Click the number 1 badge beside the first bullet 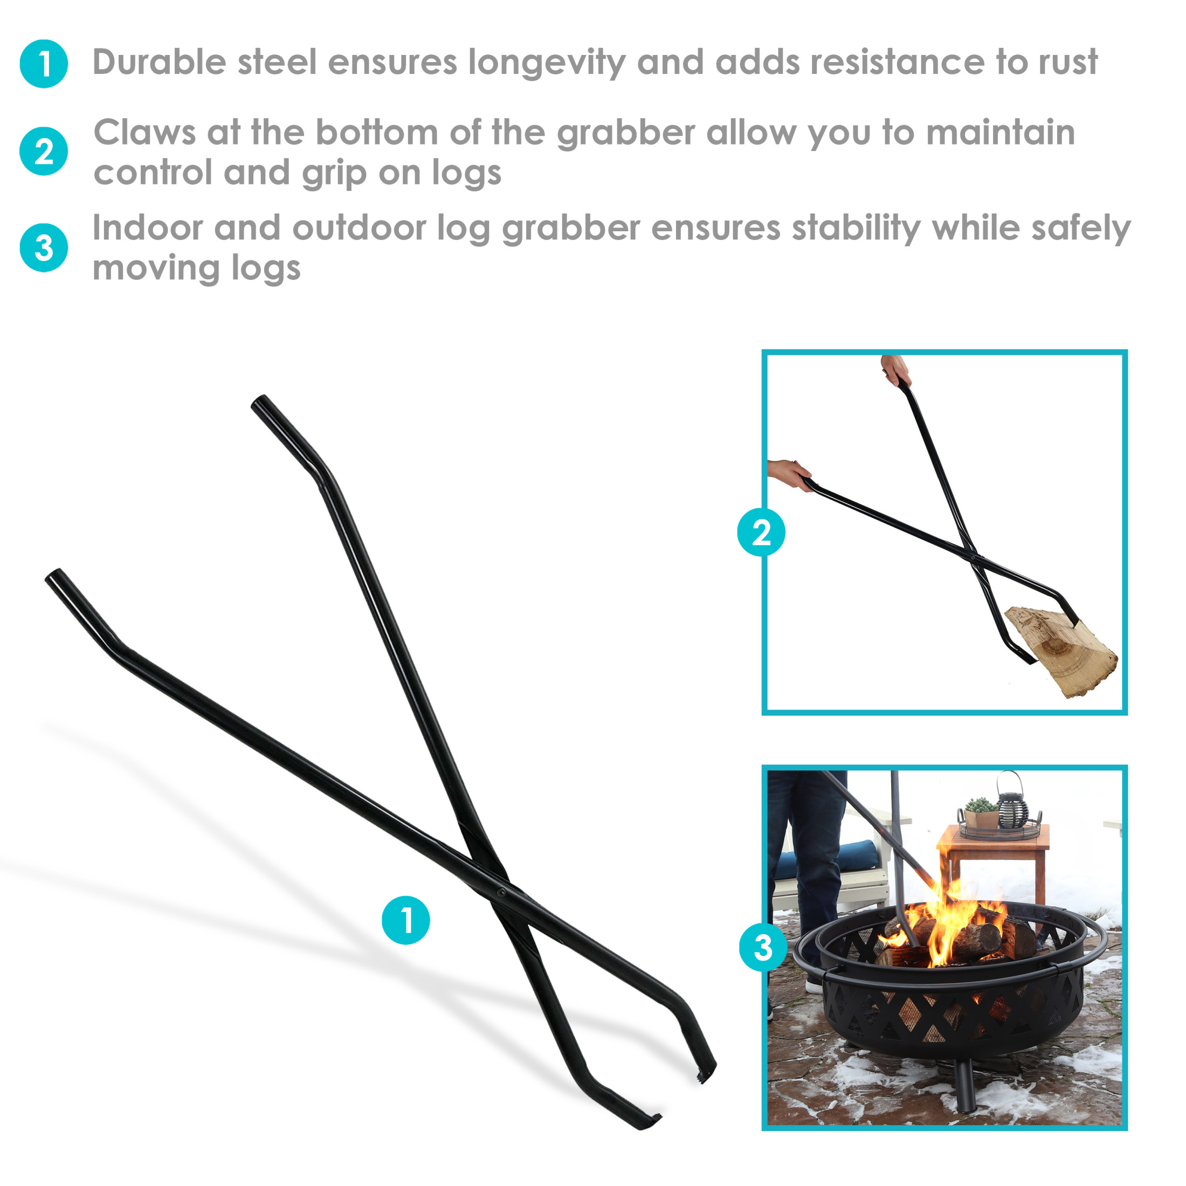[x=44, y=64]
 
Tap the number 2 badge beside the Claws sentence [x=44, y=151]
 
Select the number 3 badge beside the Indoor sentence [x=44, y=247]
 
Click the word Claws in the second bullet [x=144, y=133]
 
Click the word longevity [x=546, y=63]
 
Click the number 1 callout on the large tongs [x=406, y=920]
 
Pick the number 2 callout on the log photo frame [x=761, y=532]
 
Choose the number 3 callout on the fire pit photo [x=763, y=947]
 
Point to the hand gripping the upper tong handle [x=895, y=370]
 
